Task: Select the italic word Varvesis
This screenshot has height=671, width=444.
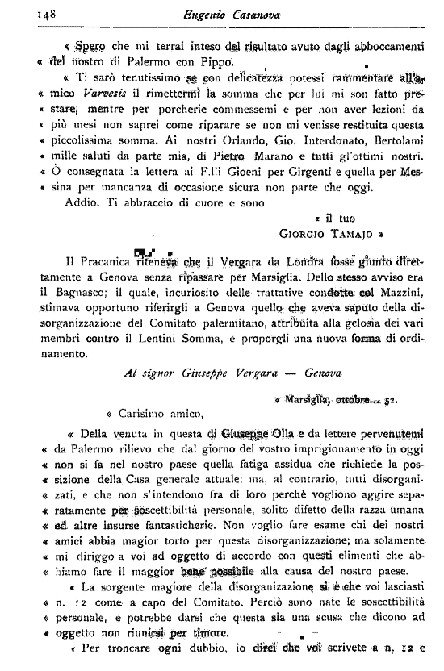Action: (100, 115)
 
